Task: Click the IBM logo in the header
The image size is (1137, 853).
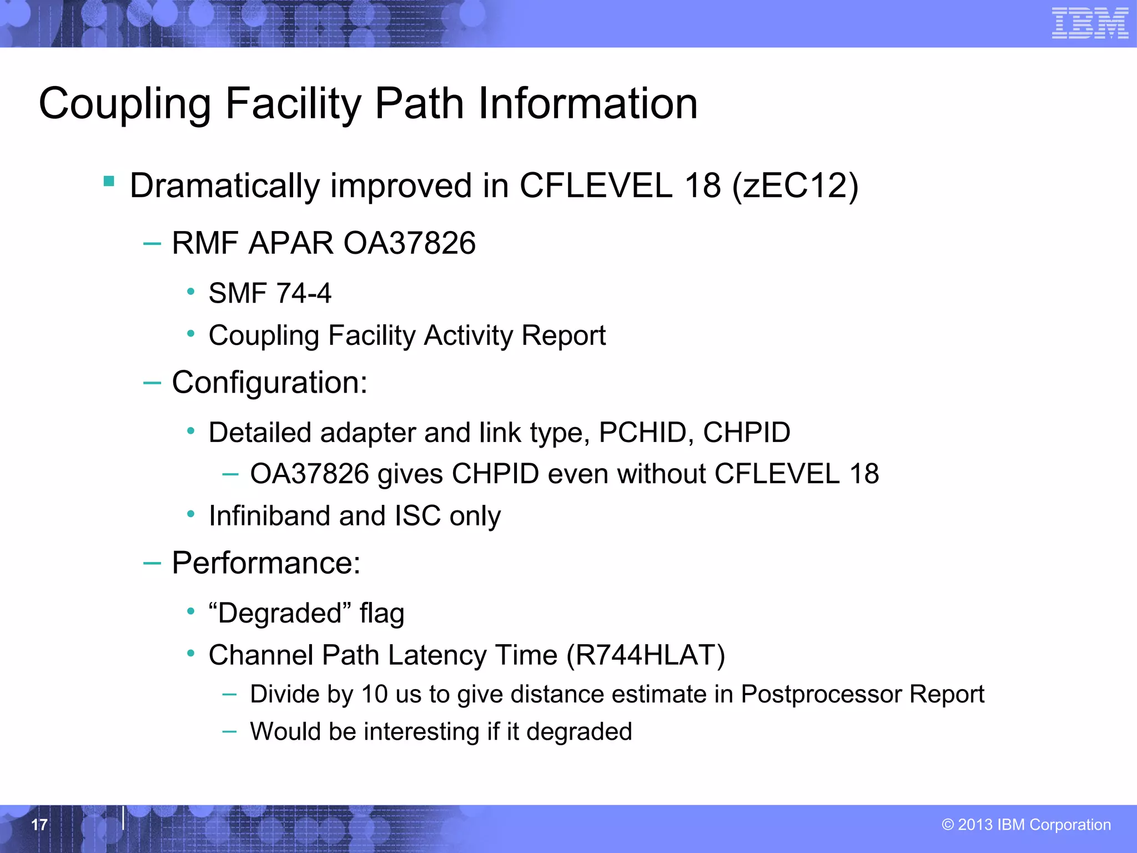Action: coord(1089,23)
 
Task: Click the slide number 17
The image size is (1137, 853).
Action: coord(39,825)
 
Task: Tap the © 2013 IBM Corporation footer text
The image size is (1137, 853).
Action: coord(1026,825)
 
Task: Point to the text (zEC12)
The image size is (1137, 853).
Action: coord(795,185)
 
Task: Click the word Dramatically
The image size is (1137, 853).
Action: coord(225,187)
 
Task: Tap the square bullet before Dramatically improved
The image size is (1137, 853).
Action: coord(109,182)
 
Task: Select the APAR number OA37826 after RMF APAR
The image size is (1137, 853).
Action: coord(410,243)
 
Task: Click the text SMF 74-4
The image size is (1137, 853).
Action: coord(270,293)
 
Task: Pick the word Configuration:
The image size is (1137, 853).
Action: coord(270,383)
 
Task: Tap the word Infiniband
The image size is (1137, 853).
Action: coord(269,516)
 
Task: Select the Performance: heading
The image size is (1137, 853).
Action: coord(266,563)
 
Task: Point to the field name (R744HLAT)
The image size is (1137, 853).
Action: coord(646,655)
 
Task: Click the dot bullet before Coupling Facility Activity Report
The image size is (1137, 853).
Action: coord(191,334)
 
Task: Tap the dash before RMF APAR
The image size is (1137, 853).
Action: coord(152,243)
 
